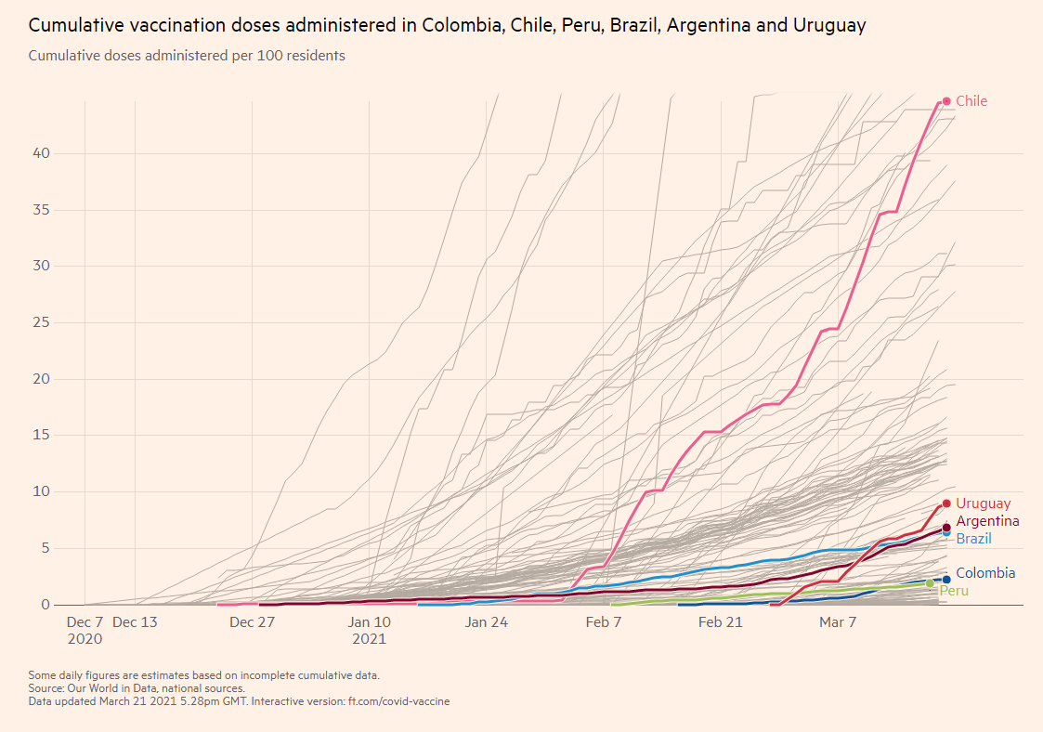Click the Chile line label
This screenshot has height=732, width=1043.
(x=971, y=101)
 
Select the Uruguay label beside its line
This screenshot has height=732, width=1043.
(x=983, y=503)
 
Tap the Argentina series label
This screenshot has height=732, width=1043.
(x=987, y=521)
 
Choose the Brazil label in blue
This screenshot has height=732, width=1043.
(x=973, y=539)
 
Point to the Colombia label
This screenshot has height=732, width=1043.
(x=985, y=573)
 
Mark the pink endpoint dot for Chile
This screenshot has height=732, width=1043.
(x=946, y=101)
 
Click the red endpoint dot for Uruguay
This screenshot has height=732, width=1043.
(x=946, y=503)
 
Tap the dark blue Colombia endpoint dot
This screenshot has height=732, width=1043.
(x=946, y=580)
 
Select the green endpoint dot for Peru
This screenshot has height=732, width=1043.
(x=930, y=583)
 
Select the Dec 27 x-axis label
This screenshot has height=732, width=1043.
(x=253, y=622)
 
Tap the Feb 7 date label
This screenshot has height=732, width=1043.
(x=604, y=622)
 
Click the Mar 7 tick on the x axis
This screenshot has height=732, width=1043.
(x=838, y=622)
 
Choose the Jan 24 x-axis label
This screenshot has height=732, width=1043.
(x=487, y=622)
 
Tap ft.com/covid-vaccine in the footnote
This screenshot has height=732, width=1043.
(x=398, y=701)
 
